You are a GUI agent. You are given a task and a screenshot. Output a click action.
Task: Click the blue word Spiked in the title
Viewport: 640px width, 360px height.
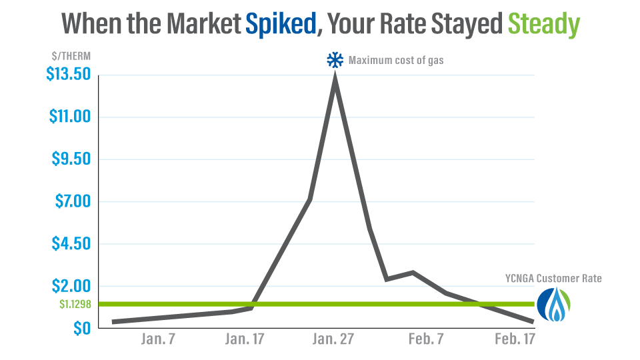click(281, 25)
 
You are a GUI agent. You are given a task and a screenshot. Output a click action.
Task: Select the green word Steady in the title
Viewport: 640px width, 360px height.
click(544, 25)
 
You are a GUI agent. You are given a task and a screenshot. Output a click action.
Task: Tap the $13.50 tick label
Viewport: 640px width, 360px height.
click(68, 75)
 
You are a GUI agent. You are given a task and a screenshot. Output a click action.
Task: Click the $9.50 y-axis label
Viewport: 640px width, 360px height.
click(71, 159)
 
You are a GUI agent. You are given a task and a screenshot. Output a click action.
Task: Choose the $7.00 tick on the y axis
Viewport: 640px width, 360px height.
click(71, 202)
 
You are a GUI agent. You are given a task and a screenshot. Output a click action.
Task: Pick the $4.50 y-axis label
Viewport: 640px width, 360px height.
click(71, 244)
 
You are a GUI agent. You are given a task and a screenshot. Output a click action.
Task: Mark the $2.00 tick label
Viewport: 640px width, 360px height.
click(71, 286)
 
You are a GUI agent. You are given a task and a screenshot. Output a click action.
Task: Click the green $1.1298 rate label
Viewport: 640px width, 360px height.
click(75, 304)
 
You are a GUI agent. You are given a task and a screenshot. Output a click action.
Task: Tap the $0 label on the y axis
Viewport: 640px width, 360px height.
click(81, 328)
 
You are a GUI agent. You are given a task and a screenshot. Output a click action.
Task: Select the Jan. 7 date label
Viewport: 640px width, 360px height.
click(158, 339)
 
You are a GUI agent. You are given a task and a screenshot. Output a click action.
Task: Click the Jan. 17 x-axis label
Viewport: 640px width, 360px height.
click(244, 339)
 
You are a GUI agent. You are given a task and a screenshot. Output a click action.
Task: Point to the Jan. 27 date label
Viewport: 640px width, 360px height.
click(334, 339)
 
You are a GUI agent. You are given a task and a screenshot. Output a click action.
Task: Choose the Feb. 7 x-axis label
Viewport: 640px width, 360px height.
click(425, 339)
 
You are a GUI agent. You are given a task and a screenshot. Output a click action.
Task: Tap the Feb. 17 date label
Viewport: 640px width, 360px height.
click(514, 339)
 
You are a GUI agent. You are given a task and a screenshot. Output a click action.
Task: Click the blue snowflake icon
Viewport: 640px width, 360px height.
click(333, 60)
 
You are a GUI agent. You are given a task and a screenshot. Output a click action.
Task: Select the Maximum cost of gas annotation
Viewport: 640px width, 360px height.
click(396, 60)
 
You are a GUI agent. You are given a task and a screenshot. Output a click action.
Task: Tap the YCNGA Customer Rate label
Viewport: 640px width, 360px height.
click(553, 278)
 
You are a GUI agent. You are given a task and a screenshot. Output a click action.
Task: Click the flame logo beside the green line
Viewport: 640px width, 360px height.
click(555, 305)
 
